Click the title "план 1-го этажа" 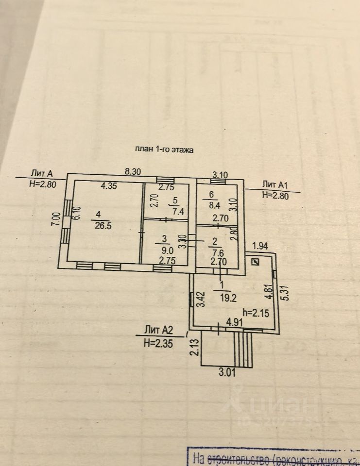click(x=164, y=150)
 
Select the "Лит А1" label click(x=276, y=184)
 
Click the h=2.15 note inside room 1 click(x=255, y=313)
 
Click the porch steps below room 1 click(x=243, y=349)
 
